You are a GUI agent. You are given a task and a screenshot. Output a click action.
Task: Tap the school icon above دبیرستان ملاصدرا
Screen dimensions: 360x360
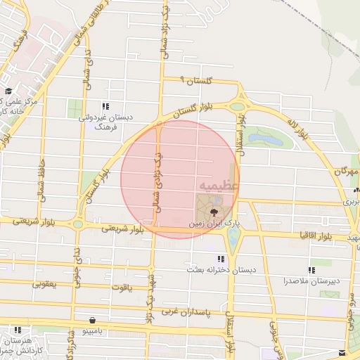(x=311, y=270)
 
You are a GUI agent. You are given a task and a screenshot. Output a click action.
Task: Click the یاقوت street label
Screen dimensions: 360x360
(x=122, y=287)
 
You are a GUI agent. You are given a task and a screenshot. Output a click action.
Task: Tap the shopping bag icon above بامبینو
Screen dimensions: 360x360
(x=93, y=320)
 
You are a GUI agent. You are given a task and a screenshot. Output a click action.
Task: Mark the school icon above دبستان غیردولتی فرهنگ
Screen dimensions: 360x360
(x=105, y=107)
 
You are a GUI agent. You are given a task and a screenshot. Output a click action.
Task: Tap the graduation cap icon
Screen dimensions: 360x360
(x=8, y=91)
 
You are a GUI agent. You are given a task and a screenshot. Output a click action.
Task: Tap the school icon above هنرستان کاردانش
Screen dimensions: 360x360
(x=18, y=329)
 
